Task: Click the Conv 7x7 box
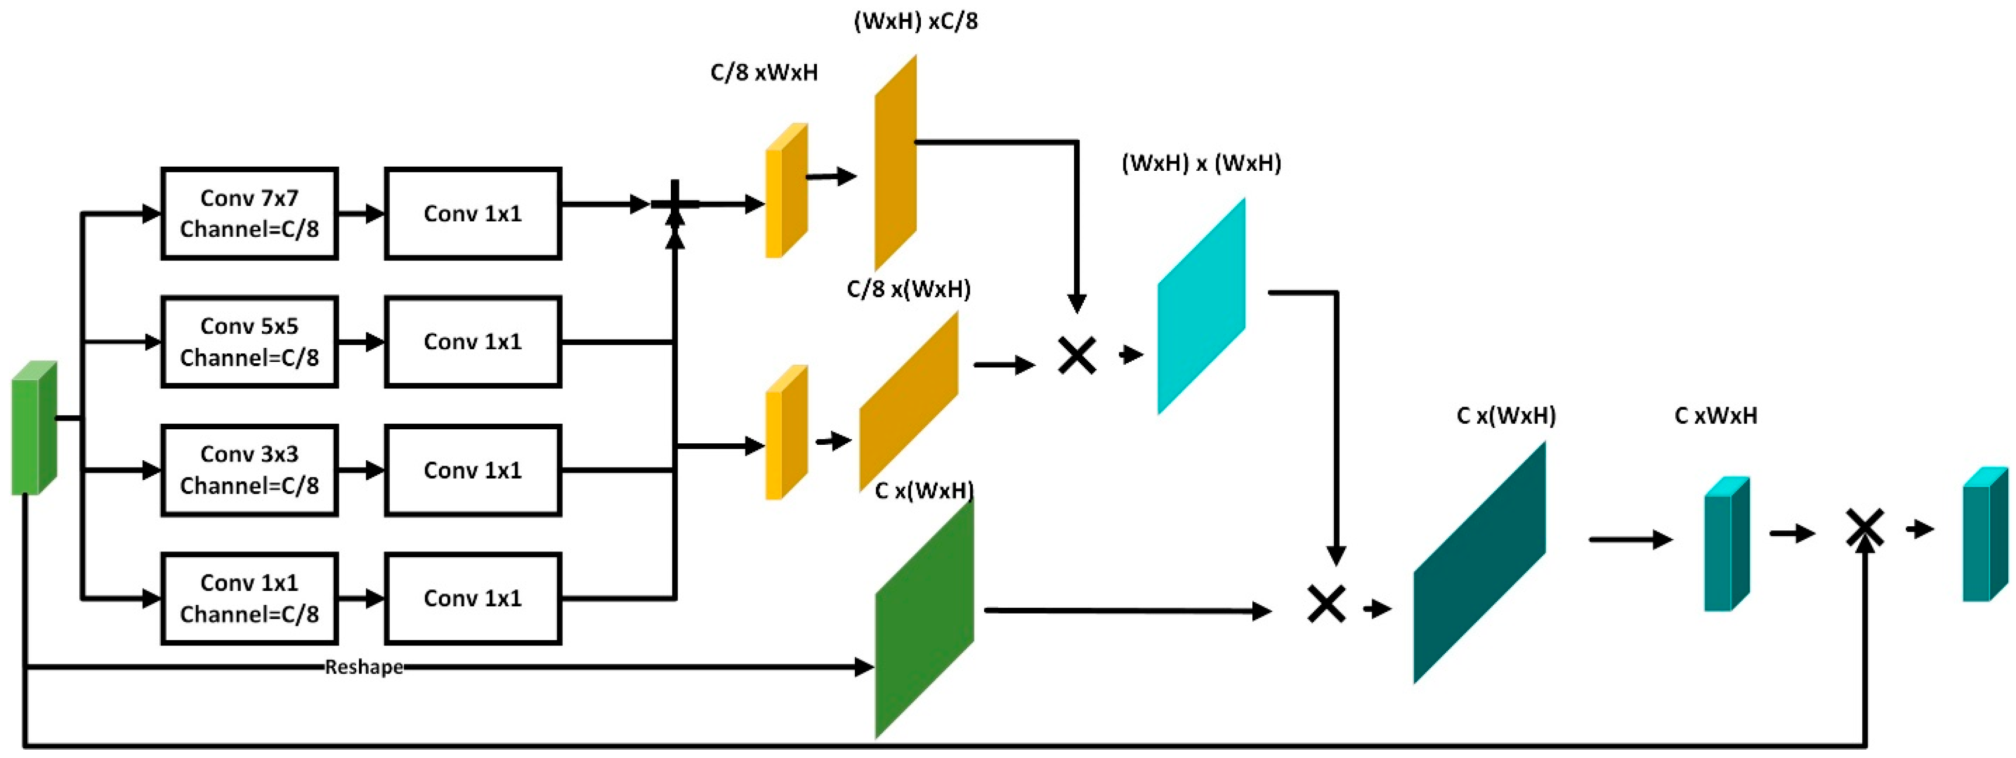point(249,213)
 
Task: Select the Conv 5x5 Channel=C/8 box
point(249,342)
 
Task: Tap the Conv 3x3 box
point(249,470)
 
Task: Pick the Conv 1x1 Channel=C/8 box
point(249,598)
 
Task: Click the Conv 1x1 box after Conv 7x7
point(473,213)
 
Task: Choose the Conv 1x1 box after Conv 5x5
point(473,342)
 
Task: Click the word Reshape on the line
point(364,667)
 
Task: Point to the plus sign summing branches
point(674,204)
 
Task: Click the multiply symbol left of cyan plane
point(1077,356)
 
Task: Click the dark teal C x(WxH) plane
point(1479,562)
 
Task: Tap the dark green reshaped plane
point(924,619)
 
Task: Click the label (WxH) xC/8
point(916,21)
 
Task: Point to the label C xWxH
point(1715,416)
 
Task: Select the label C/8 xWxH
point(764,73)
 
